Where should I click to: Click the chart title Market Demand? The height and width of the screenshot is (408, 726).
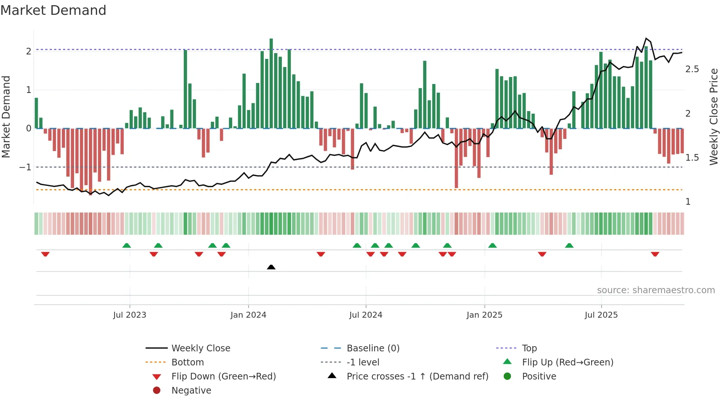coord(53,10)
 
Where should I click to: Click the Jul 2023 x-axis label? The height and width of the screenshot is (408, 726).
coord(130,315)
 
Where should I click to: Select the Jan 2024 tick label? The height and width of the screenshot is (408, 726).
coord(248,315)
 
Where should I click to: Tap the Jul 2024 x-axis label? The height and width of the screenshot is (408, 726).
coord(366,315)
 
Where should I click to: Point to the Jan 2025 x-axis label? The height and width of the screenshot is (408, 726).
coord(484,315)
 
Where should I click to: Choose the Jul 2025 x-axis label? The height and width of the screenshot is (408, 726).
coord(601,315)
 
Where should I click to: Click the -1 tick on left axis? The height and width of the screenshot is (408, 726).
coord(25,167)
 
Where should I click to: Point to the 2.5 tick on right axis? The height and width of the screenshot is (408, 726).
coord(692,69)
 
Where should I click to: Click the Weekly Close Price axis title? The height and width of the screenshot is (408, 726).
coord(713,117)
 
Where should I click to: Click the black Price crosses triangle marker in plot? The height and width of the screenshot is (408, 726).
coord(271,267)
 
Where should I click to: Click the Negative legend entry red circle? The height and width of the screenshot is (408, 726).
coord(157,391)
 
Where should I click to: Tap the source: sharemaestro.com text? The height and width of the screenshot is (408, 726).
coord(656,290)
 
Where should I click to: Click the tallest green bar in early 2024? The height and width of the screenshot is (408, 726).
coord(271,83)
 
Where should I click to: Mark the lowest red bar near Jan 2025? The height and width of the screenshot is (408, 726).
coord(456,158)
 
